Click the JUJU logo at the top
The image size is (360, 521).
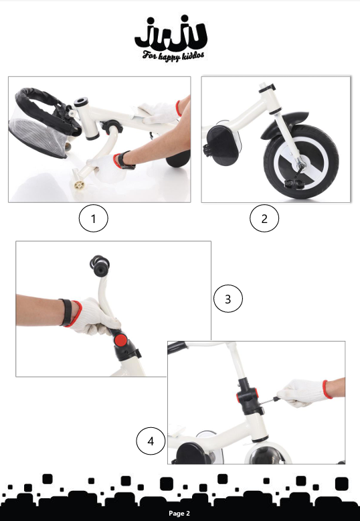point(171,32)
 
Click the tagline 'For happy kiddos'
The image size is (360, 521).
point(173,56)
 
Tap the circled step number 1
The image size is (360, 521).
point(93,218)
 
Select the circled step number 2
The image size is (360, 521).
point(264,218)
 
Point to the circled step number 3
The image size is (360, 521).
point(228,299)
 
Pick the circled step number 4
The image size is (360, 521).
point(151,441)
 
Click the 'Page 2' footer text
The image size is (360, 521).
point(179,514)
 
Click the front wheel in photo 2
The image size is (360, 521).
point(301,162)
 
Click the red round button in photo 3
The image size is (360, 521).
point(120,340)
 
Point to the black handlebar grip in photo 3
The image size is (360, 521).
point(99,265)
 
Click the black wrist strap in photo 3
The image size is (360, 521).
point(66,312)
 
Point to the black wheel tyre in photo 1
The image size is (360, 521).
point(179,159)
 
